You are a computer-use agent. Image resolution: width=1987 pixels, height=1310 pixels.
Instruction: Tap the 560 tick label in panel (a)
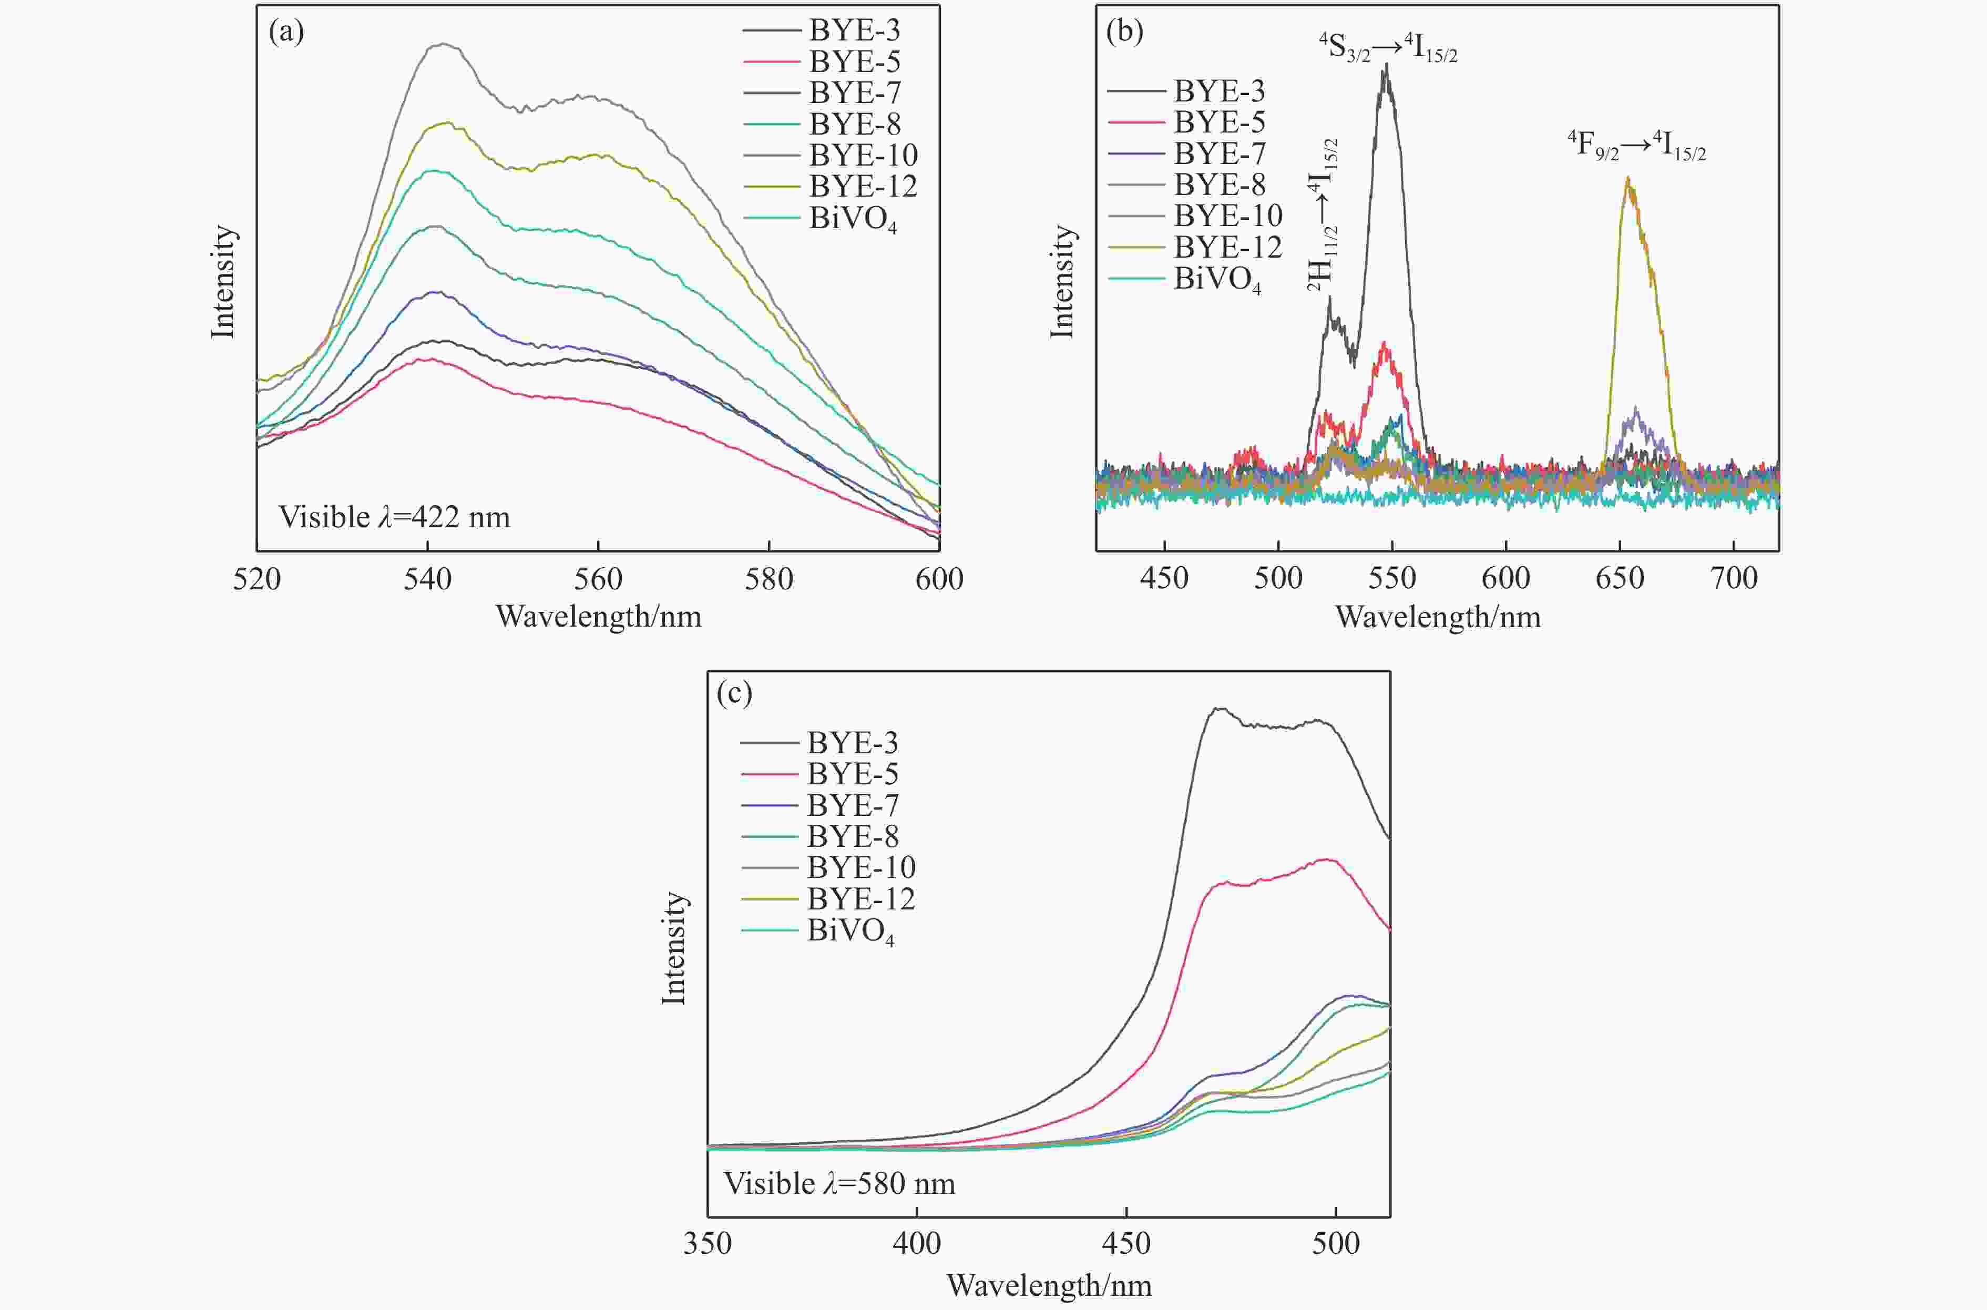pyautogui.click(x=598, y=579)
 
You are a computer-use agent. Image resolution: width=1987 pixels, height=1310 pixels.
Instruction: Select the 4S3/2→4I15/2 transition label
pyautogui.click(x=1388, y=48)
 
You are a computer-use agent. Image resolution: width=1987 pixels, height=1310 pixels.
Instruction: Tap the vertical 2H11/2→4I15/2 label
pyautogui.click(x=1323, y=216)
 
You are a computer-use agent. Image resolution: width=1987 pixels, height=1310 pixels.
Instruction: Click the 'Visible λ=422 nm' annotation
pyautogui.click(x=394, y=517)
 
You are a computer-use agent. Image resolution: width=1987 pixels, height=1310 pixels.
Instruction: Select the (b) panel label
pyautogui.click(x=1124, y=32)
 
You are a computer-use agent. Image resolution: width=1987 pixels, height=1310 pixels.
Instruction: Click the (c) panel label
pyautogui.click(x=735, y=693)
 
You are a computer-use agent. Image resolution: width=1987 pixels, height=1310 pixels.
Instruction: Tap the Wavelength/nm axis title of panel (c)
pyautogui.click(x=1049, y=1285)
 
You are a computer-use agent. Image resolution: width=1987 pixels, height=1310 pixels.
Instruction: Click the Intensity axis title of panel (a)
pyautogui.click(x=223, y=282)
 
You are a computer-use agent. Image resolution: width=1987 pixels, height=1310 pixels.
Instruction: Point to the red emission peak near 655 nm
pyautogui.click(x=1627, y=180)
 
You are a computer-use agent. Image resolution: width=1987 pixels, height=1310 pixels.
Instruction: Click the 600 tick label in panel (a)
pyautogui.click(x=939, y=579)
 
